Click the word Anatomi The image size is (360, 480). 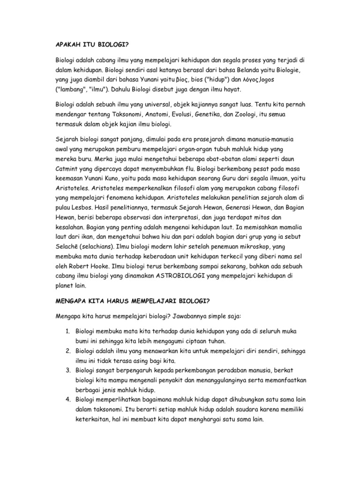[x=144, y=115]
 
